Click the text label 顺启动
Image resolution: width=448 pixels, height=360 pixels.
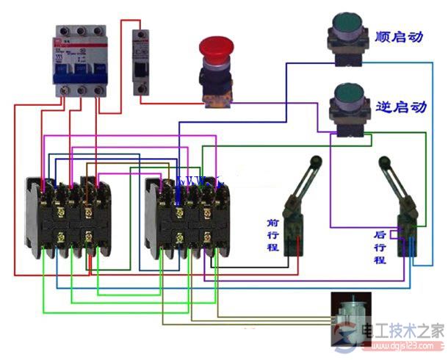pos(400,36)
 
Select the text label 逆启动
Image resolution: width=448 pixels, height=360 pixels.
pos(400,107)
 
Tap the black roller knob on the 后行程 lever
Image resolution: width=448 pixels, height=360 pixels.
pos(383,161)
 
